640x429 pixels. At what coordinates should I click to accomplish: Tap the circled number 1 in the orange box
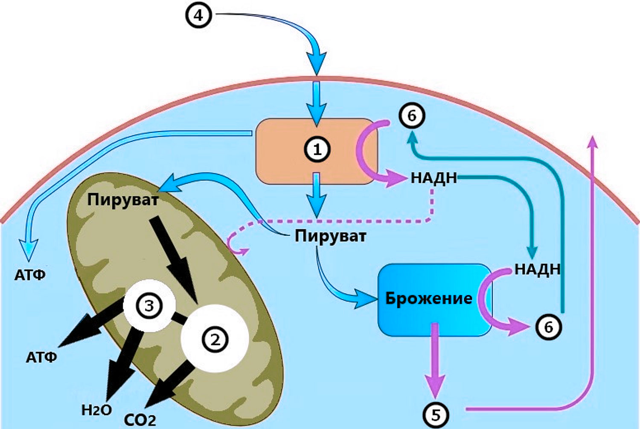317,150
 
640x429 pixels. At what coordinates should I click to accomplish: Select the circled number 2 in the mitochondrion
215,340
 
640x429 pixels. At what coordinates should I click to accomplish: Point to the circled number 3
149,306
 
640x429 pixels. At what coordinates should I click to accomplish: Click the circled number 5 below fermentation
436,415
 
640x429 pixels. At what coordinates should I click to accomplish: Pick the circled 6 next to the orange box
412,116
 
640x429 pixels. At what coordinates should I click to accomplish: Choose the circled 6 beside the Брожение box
548,328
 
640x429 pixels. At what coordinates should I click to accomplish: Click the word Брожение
429,299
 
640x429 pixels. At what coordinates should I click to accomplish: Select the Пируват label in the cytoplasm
330,237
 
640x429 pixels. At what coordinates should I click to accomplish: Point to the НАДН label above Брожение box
538,269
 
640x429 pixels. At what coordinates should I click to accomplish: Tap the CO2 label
140,420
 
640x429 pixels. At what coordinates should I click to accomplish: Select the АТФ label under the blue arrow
30,275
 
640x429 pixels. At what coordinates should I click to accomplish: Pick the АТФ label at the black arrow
41,357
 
